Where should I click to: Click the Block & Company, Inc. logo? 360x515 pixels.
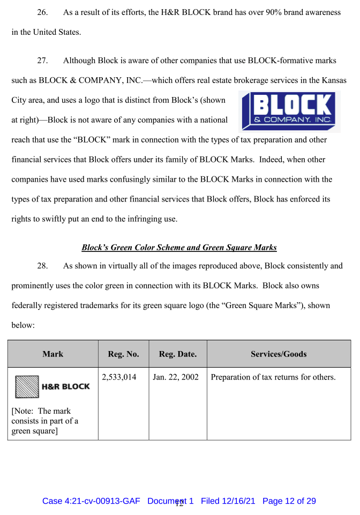(289, 111)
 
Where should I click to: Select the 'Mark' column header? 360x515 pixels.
(52, 354)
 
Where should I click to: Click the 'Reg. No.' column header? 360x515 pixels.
(123, 354)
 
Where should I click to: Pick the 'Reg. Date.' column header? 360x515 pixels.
(177, 354)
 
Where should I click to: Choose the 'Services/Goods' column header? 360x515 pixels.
(279, 354)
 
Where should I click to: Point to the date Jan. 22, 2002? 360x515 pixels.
(176, 377)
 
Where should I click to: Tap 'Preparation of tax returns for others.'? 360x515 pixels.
(273, 377)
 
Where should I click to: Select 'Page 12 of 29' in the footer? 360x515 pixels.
(289, 501)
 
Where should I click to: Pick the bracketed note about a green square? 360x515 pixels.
(44, 421)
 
